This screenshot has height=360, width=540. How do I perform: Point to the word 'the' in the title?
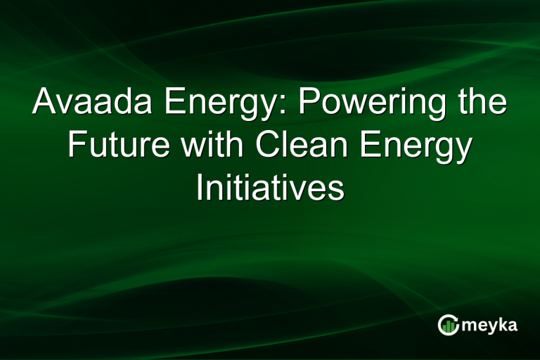482,103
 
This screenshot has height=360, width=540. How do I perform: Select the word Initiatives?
270,189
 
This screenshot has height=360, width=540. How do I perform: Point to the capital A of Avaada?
45,103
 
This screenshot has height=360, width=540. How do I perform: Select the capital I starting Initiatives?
200,189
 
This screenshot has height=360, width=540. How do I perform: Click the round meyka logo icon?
447,324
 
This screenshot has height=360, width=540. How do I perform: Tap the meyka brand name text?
490,326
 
